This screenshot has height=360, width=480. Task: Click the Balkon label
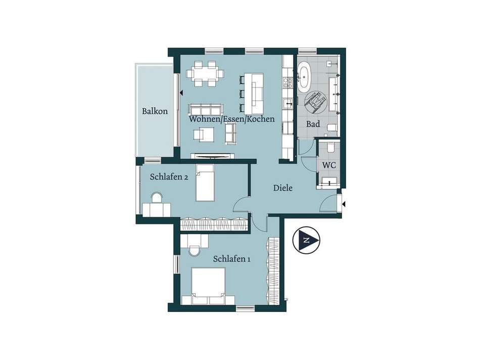coord(155,111)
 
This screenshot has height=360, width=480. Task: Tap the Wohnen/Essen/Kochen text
coord(232,119)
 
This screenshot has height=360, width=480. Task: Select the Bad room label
coord(313,124)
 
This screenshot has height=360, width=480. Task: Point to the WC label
coord(329,165)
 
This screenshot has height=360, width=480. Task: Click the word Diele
coord(283,188)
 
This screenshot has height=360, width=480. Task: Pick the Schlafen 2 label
coord(169,177)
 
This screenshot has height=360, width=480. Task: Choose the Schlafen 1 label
coord(232,259)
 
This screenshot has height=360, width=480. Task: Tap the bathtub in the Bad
coord(304,77)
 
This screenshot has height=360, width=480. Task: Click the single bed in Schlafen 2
coord(205,183)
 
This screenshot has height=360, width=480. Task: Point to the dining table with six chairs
coord(205,74)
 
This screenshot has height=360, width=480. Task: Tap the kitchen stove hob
coord(287,82)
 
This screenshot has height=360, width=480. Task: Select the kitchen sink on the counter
coord(288,104)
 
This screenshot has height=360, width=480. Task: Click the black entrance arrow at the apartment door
coord(345,204)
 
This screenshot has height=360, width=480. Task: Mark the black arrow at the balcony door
coord(181,92)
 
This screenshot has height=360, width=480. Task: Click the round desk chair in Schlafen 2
coord(157,198)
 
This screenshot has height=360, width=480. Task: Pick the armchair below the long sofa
coord(203,134)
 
